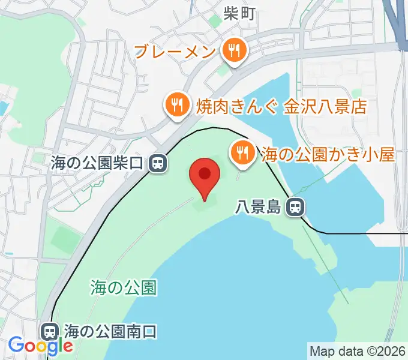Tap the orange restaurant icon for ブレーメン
click(x=232, y=51)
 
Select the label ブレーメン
click(x=175, y=52)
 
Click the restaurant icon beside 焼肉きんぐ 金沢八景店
click(x=175, y=106)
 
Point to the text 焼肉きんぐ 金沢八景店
click(x=281, y=107)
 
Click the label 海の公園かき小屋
click(x=328, y=155)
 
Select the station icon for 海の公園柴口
click(x=159, y=162)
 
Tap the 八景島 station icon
click(x=295, y=208)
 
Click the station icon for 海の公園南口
click(x=49, y=331)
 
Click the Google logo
click(x=41, y=346)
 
